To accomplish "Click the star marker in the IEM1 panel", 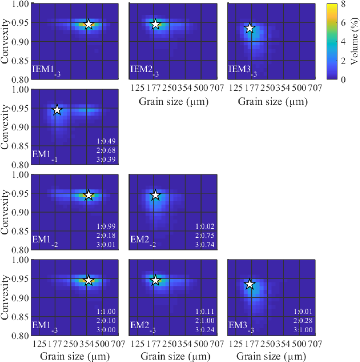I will click(88, 24).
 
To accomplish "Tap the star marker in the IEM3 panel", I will click(250, 28).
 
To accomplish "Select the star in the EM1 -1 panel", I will click(57, 110).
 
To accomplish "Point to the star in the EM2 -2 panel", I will click(155, 195).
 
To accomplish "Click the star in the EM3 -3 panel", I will click(250, 284).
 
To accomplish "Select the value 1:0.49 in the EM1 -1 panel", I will click(106, 141).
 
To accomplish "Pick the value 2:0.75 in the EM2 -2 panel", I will click(205, 236).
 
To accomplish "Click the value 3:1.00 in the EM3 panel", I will click(303, 330).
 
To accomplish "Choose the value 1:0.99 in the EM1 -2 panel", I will click(106, 226).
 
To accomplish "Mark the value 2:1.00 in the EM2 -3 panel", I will click(205, 321).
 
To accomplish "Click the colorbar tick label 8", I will click(343, 4).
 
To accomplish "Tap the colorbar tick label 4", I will click(343, 41).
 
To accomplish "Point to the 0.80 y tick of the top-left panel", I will click(21, 80).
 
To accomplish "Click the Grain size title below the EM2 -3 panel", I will click(175, 356).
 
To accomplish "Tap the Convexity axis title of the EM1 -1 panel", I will click(5, 127).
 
